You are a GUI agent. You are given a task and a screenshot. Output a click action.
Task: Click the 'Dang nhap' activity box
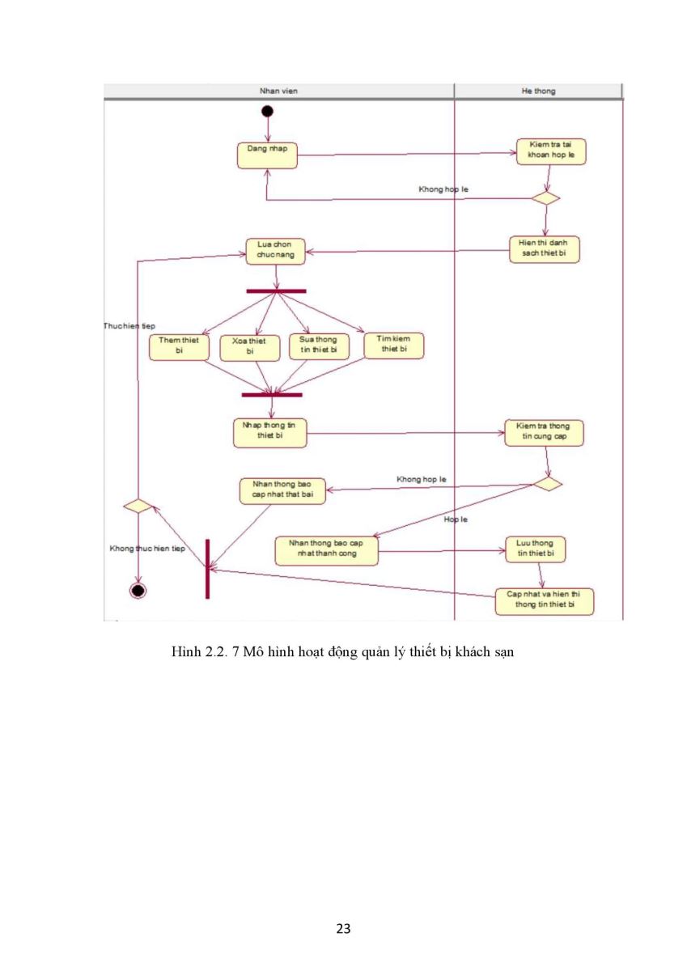[x=267, y=155]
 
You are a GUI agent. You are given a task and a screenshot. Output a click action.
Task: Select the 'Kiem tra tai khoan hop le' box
[x=551, y=151]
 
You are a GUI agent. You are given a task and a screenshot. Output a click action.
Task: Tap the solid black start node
[x=267, y=112]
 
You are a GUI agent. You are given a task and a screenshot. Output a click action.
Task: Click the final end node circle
[x=138, y=591]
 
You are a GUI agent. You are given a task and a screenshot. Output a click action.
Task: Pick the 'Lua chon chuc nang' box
[x=275, y=252]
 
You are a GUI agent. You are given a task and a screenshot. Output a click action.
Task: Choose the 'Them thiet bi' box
[x=179, y=347]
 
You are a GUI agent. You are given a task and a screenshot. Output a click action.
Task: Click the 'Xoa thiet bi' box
[x=250, y=348]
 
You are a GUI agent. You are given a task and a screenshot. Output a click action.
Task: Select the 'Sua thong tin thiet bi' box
[x=319, y=346]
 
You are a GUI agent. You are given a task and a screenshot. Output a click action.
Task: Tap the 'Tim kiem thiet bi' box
[x=393, y=346]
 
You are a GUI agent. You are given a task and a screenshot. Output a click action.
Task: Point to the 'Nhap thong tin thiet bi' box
[x=269, y=433]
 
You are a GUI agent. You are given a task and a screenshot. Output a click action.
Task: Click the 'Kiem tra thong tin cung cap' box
[x=544, y=433]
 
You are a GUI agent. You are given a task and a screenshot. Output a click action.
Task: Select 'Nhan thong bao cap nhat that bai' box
[x=282, y=491]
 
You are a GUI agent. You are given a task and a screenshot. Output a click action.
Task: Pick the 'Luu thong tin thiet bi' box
[x=536, y=549]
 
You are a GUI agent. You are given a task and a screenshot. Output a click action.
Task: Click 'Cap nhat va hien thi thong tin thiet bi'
[x=545, y=601]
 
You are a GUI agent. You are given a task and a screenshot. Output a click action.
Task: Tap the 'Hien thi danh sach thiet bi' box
[x=544, y=249]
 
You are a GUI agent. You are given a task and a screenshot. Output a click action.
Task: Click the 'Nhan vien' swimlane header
[x=278, y=91]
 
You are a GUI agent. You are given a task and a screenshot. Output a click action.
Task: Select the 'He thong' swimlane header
[x=538, y=91]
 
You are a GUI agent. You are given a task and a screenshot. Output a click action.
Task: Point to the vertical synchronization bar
[x=207, y=569]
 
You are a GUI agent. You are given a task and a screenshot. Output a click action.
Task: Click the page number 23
[x=343, y=928]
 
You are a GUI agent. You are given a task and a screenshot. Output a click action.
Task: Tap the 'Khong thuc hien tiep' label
[x=147, y=549]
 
